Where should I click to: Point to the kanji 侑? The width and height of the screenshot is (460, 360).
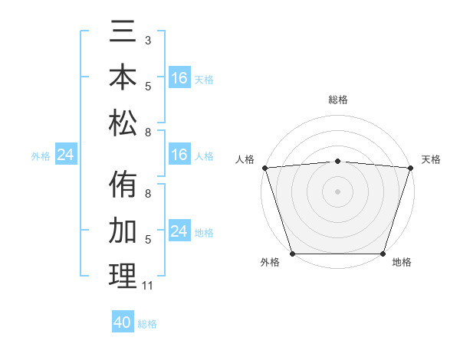[x=123, y=185]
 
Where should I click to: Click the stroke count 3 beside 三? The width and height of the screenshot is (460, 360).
[x=148, y=39]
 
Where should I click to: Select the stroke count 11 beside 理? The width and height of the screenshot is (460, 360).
[x=148, y=286]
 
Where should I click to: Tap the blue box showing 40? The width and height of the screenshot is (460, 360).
[x=123, y=322]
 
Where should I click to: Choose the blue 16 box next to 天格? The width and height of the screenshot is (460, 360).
[x=179, y=78]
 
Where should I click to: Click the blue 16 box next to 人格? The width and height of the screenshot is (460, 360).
[x=179, y=155]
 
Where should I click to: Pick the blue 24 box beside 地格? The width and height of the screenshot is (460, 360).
[x=179, y=231]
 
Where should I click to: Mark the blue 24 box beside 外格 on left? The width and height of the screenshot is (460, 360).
[x=66, y=155]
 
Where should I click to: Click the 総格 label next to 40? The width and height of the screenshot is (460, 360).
[x=147, y=324]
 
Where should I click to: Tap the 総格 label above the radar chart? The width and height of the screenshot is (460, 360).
[x=337, y=100]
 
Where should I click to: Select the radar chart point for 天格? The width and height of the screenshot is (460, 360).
[x=410, y=167]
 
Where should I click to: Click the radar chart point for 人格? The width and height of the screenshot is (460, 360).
[x=264, y=167]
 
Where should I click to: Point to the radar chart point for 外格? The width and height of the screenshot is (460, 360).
[x=292, y=254]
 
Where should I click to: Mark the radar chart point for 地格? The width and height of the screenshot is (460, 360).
[x=383, y=254]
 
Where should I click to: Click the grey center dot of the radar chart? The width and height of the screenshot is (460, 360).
[x=337, y=191]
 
